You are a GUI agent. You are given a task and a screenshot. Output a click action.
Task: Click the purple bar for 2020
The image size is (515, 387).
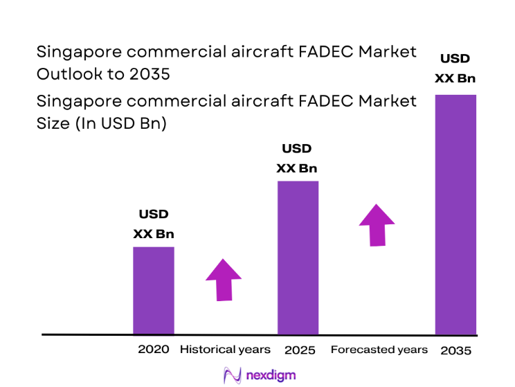pos(153,290)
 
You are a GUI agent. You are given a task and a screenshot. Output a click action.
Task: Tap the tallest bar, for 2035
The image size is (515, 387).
pos(455,214)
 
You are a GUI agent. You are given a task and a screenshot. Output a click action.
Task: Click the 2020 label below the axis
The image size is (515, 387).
pos(153,350)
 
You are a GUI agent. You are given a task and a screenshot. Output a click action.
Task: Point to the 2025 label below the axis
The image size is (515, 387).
pos(299,350)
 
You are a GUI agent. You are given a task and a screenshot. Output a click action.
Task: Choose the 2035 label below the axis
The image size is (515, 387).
pos(455,350)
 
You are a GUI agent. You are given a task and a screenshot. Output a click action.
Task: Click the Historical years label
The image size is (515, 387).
pos(224,350)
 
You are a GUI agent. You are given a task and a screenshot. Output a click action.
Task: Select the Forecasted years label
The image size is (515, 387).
pos(379,350)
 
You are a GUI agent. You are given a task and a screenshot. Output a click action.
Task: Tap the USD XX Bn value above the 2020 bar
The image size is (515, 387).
pos(153,224)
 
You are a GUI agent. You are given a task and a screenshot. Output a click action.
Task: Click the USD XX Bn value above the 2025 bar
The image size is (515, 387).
pos(297,159)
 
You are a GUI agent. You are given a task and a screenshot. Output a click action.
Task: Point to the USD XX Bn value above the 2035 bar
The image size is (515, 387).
pos(455,69)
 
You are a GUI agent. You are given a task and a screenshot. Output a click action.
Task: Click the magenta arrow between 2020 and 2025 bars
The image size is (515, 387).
pos(224,280)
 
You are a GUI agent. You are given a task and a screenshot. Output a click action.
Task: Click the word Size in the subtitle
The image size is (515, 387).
pos(52,124)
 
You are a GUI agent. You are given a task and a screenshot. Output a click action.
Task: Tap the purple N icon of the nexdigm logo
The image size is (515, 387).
pos(231,375)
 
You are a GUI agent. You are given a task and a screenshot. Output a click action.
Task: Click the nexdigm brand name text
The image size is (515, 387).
pos(271,375)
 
